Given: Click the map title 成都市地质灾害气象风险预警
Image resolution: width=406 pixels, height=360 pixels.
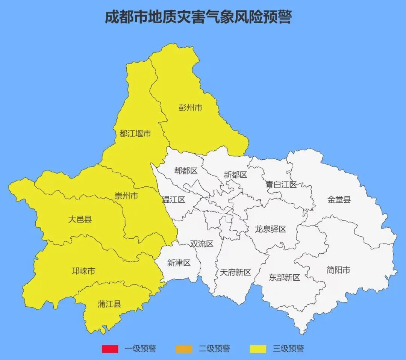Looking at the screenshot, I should coord(198,17).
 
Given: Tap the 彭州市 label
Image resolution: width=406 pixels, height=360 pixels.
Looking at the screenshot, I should coord(190,108).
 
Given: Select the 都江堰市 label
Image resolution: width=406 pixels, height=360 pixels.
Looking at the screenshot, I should coord(135,133).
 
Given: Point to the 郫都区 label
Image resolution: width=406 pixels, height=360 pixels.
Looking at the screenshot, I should coord(186,171).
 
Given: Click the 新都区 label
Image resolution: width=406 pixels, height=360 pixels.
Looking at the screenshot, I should coord(235,175).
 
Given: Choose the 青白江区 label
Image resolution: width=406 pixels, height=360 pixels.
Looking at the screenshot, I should coord(281,185).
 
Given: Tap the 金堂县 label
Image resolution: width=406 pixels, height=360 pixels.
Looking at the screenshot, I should coord(339,200).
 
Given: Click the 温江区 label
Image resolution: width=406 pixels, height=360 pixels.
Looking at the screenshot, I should coord(174,200).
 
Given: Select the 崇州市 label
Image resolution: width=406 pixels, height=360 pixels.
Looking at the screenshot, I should coord(126,196).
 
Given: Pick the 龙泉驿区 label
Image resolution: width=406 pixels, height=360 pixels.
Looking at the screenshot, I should coord(271,229).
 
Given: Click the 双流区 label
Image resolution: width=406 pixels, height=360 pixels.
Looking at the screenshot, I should coord(201,244).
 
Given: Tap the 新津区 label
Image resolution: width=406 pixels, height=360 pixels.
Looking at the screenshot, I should coord(179,263).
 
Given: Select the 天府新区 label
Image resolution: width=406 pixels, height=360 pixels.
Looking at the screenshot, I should coord(235,272).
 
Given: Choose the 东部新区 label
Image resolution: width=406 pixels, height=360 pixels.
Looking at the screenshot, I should coord(285,278).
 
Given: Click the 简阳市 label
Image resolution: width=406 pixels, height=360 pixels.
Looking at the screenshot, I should coord(338,270).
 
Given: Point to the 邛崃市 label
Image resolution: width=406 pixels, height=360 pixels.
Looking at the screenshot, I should coord(83,271).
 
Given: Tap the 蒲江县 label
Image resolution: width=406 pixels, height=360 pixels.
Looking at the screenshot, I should coord(109,304).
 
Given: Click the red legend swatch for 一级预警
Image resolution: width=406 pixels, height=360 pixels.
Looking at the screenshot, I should coord(110,349).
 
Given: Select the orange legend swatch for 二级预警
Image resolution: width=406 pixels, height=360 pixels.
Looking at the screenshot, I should coord(183,349).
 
